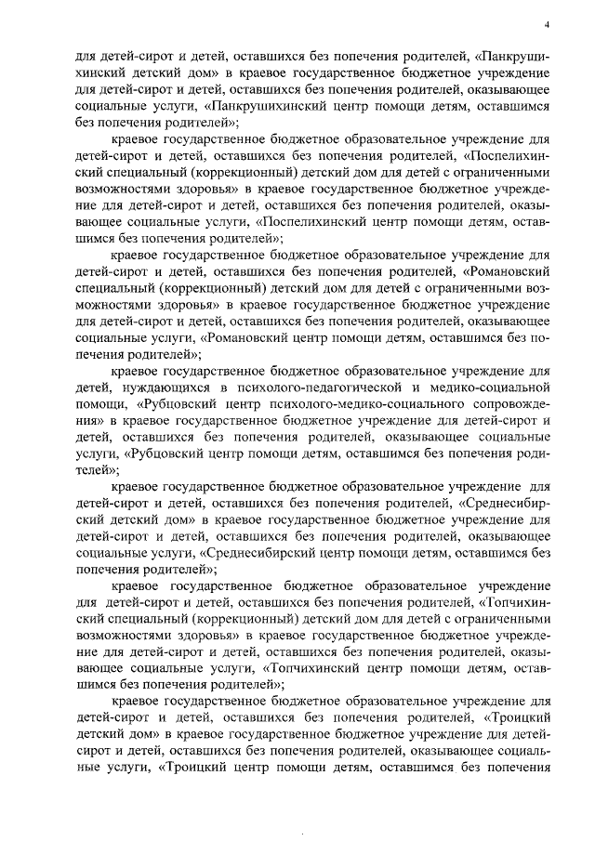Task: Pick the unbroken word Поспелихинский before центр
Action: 315,224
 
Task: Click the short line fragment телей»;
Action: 96,471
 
